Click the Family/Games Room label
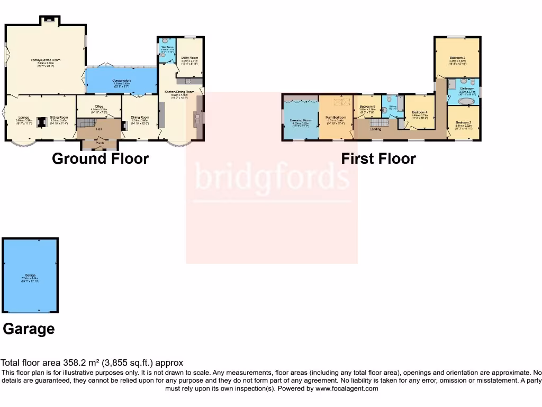pos(45,60)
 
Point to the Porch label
pos(100,143)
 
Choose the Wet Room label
pos(167,48)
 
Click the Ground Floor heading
pos(100,158)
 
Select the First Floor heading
pos(378,158)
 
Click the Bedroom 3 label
pos(464,122)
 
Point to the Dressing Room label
pos(300,120)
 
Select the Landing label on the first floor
pos(375,129)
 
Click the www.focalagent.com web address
pos(347,388)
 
